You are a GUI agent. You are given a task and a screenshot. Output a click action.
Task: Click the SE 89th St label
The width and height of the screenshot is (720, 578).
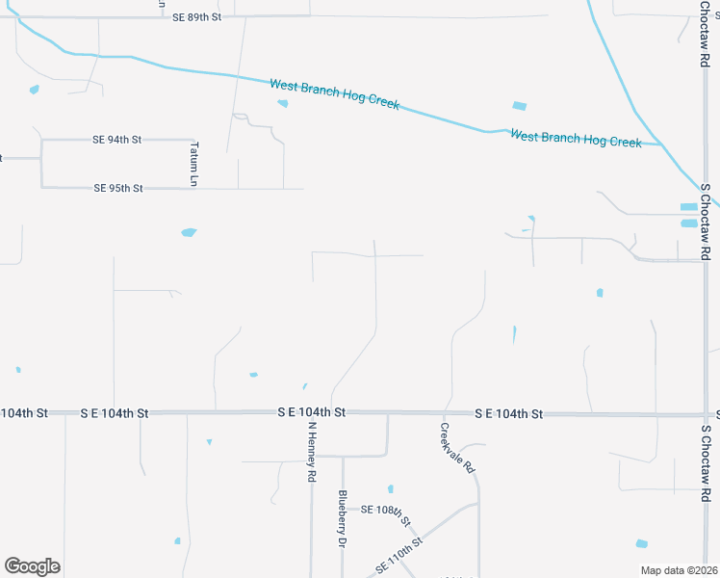[x=197, y=17]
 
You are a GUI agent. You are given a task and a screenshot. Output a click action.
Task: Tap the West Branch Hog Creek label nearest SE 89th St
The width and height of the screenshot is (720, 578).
[x=334, y=94]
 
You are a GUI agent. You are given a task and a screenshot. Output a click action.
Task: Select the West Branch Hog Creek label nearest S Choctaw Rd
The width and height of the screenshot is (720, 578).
[x=575, y=138]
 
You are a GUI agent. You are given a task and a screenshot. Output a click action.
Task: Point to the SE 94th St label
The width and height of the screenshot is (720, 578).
[x=116, y=140]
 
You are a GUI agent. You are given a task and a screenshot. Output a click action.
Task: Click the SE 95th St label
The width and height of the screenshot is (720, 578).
[x=118, y=188]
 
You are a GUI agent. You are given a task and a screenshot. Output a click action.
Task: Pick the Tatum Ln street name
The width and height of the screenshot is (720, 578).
[x=193, y=164]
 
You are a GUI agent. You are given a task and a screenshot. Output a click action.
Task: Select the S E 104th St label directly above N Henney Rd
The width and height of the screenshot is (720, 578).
[x=311, y=412]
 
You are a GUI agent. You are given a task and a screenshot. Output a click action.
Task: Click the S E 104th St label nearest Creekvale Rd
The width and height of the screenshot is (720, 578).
[x=508, y=413]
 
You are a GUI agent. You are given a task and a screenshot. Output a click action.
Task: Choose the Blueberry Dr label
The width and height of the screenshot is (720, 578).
[x=342, y=519]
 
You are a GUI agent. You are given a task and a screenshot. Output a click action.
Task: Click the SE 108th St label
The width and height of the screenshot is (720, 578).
[x=385, y=514]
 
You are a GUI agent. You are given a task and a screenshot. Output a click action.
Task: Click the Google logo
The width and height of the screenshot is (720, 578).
[x=32, y=566]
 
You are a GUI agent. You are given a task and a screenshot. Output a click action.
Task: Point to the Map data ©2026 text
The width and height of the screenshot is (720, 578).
[x=678, y=570]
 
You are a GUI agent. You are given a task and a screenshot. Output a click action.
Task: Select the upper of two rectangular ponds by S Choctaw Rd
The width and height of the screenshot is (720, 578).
[x=688, y=207]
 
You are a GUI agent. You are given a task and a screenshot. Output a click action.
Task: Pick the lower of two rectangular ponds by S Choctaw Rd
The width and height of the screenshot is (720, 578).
[x=689, y=223]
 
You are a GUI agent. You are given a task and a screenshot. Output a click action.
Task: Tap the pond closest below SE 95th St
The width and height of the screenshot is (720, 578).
[x=189, y=232]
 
